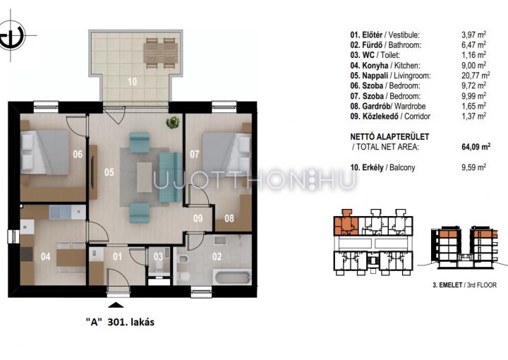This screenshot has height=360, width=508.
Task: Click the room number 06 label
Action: [78, 154]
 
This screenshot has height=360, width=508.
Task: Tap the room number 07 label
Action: [195, 154]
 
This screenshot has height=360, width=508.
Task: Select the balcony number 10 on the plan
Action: [132, 81]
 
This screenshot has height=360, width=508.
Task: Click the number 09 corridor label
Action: [198, 218]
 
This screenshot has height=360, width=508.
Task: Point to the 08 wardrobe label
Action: [229, 218]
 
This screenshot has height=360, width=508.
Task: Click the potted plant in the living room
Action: [173, 123]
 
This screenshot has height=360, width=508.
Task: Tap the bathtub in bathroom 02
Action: [234, 278]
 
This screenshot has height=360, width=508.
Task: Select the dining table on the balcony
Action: [161, 54]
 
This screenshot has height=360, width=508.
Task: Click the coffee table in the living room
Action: [144, 177]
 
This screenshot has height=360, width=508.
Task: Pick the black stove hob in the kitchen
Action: [27, 254]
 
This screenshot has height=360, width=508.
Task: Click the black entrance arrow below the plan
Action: [116, 305]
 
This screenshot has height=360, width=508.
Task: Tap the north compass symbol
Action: [12, 35]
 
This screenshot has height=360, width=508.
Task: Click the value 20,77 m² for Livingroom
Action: [476, 75]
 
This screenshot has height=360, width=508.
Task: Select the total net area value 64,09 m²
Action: [476, 146]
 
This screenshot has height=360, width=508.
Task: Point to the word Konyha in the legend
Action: [375, 65]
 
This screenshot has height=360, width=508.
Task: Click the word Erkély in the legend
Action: [373, 167]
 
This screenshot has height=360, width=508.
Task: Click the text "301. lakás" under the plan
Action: [131, 322]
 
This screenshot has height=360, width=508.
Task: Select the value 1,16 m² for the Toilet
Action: [473, 55]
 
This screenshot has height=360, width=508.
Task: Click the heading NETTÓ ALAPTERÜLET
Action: [389, 136]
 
